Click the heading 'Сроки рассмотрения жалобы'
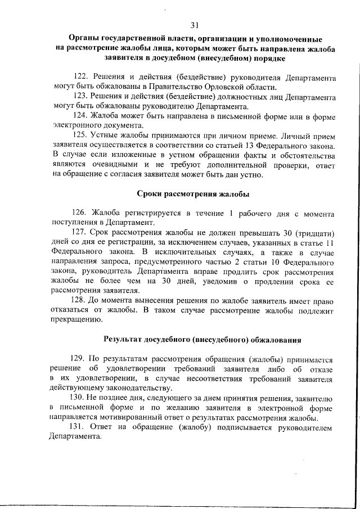[193, 194]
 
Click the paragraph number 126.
[79, 213]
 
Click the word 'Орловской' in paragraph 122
[224, 87]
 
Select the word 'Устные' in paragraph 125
[106, 135]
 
